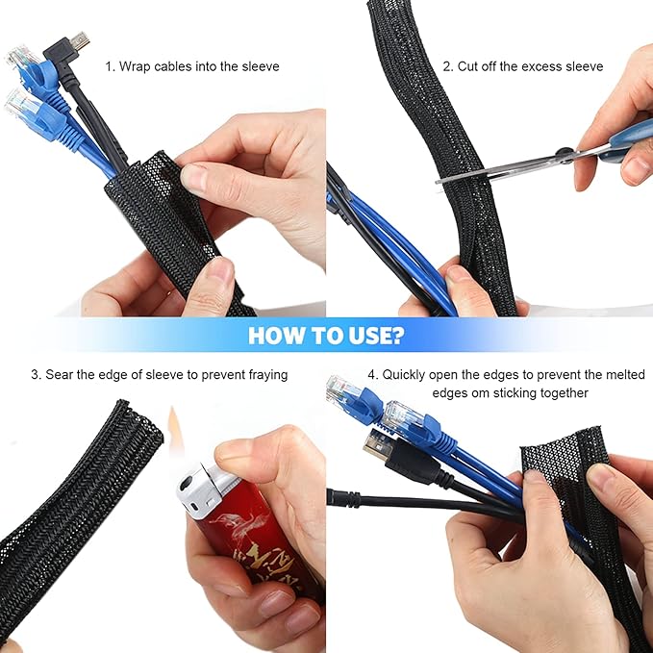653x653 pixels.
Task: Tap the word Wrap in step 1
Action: [x=139, y=66]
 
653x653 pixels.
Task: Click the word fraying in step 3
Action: [x=265, y=374]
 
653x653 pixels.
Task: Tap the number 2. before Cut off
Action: [x=448, y=66]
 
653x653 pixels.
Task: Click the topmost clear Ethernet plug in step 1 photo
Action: [x=21, y=58]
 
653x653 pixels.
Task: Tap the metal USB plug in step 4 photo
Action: [x=375, y=443]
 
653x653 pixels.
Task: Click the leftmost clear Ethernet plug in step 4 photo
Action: [x=341, y=390]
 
